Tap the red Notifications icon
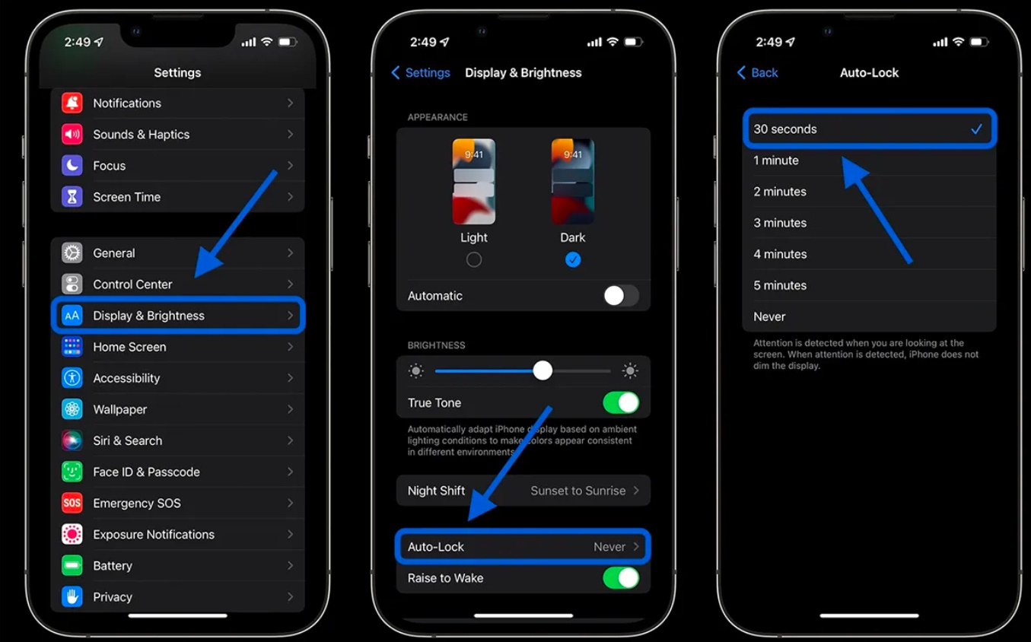(72, 103)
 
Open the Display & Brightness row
(178, 316)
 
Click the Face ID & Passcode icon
(72, 472)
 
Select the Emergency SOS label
(137, 504)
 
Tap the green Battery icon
(72, 566)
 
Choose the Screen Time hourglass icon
(72, 197)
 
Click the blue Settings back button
(421, 73)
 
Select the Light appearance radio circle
(474, 260)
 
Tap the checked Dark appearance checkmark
(573, 260)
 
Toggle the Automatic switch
(620, 296)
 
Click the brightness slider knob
(543, 370)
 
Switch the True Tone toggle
(620, 403)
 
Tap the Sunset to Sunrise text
(578, 491)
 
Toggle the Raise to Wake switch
(620, 578)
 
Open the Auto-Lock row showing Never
(523, 547)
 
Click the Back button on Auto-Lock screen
(758, 73)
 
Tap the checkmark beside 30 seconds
(976, 129)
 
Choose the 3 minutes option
(780, 223)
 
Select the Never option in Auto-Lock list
(769, 316)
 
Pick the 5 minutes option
(780, 285)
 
